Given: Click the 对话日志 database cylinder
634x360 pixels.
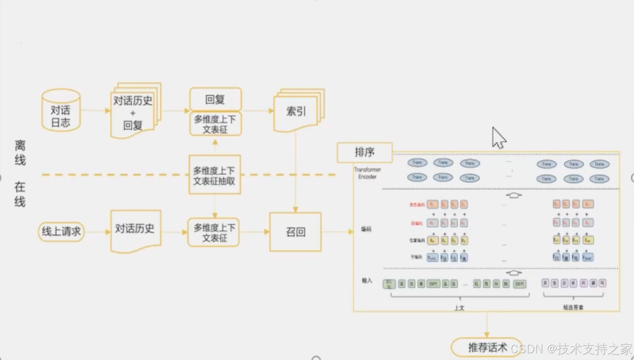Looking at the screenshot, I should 61,110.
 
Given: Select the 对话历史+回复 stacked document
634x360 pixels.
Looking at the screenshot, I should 133,111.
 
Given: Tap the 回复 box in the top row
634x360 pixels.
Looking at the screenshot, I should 215,99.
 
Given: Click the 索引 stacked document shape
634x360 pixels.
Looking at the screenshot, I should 296,111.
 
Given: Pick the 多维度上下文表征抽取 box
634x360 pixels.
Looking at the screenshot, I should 214,175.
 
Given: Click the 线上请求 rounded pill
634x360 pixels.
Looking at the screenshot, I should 61,231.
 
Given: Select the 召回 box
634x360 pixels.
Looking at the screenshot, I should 296,232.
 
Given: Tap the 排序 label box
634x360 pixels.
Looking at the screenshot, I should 365,152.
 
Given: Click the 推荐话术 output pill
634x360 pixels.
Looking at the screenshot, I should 486,347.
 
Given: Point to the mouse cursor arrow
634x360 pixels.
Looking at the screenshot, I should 498,138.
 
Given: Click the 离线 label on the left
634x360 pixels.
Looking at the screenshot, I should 20,153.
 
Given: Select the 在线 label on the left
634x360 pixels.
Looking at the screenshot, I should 20,194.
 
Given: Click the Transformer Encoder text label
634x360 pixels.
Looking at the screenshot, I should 367,173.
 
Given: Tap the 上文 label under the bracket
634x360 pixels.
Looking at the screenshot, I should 459,308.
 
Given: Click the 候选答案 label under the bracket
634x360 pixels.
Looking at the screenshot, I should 573,307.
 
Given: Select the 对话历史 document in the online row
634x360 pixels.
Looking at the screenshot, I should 135,230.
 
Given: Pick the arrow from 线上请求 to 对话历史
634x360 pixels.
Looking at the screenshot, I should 97,232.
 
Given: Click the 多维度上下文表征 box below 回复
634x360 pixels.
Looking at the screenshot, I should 215,124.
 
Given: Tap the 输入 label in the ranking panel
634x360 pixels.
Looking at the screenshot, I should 367,281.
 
